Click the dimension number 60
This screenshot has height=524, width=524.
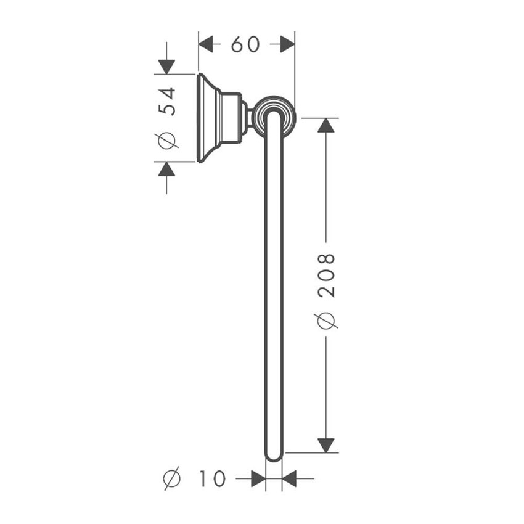click(x=245, y=44)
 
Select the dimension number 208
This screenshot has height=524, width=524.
click(x=325, y=275)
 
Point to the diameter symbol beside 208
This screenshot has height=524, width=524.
click(x=325, y=321)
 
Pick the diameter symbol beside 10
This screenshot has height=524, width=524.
click(x=172, y=478)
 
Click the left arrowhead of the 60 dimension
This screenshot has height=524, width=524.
click(x=206, y=44)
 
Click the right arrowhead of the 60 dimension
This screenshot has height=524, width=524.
click(x=287, y=44)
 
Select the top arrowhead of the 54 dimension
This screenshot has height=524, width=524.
click(x=166, y=67)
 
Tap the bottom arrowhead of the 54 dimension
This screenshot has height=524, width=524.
click(x=166, y=170)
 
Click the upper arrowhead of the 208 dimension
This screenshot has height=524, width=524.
click(x=325, y=125)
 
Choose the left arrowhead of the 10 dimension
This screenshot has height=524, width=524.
click(x=258, y=478)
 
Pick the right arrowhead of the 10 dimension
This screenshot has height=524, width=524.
click(x=289, y=478)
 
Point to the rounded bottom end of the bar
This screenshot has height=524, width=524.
click(x=274, y=456)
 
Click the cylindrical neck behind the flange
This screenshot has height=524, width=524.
click(x=231, y=118)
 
